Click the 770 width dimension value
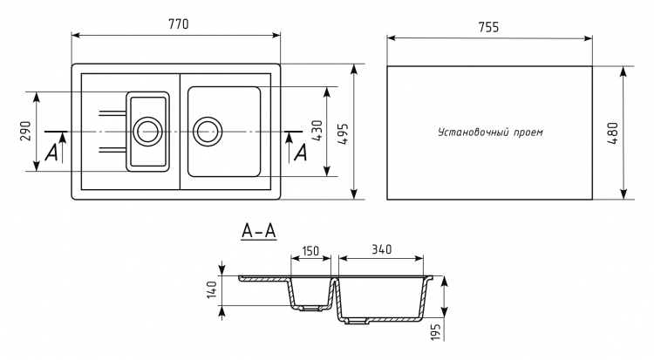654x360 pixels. pos(178,24)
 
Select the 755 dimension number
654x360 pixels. pos(488,27)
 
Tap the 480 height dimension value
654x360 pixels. pos(612,133)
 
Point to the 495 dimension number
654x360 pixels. pos(343,133)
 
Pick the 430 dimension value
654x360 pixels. pos(317,131)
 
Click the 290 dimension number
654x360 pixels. pos(26,131)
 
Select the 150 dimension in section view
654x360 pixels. pos(310,251)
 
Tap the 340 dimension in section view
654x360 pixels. pos(381,249)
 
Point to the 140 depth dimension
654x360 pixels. pos(212,289)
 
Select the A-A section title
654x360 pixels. pos(259,231)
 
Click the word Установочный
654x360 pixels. pos(468,132)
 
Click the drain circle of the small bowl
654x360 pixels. pos(147,132)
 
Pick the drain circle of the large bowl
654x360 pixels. pos(208,132)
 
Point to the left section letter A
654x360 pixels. pos(51,153)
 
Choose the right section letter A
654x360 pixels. pos(300,153)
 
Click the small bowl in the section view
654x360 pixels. pos(310,294)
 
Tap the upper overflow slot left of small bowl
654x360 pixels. pos(112,112)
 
